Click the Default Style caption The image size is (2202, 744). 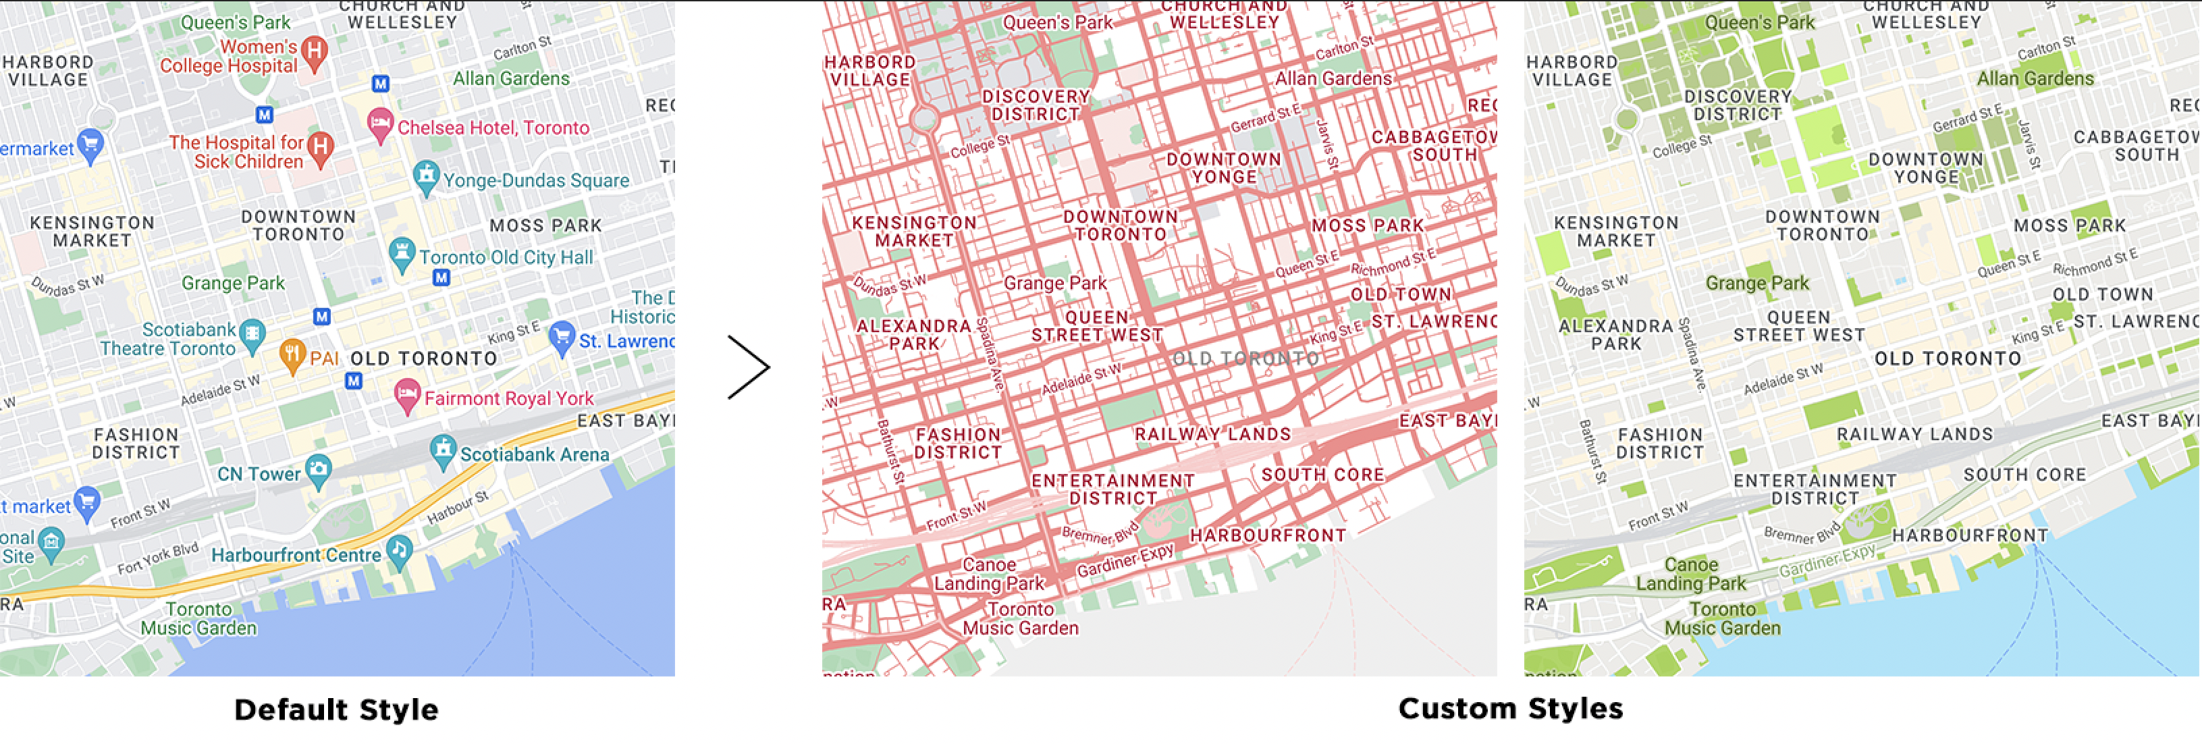pyautogui.click(x=336, y=709)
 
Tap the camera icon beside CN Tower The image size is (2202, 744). pyautogui.click(x=318, y=469)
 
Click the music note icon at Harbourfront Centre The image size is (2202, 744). pyautogui.click(x=399, y=550)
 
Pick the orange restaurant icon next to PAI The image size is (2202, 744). pyautogui.click(x=292, y=354)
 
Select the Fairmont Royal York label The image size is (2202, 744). pyautogui.click(x=508, y=398)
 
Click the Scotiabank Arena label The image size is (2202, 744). pyautogui.click(x=534, y=454)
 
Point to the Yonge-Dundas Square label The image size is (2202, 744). pyautogui.click(x=536, y=180)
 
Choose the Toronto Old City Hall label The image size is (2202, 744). pyautogui.click(x=505, y=257)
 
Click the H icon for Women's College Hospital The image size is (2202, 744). pyautogui.click(x=315, y=51)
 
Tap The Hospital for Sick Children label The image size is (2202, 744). pyautogui.click(x=237, y=152)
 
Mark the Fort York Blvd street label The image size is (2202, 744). pyautogui.click(x=158, y=558)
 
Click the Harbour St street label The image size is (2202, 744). pyautogui.click(x=457, y=507)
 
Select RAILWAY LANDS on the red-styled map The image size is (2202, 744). pyautogui.click(x=1212, y=434)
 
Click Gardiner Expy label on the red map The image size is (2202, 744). pyautogui.click(x=1124, y=561)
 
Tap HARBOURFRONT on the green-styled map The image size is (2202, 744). pyautogui.click(x=1970, y=535)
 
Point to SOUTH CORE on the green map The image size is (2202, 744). pyautogui.click(x=2024, y=475)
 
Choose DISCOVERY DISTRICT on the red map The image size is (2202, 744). pyautogui.click(x=1035, y=105)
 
